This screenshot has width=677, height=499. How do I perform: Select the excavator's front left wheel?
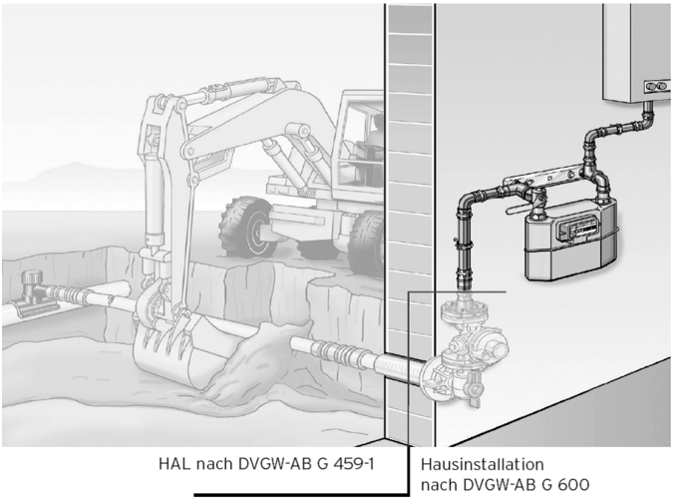pos(246,228)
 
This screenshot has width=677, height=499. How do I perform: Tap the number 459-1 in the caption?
pos(353,464)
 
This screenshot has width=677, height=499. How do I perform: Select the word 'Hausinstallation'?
pos(483,464)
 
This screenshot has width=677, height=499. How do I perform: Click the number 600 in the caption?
pos(573,485)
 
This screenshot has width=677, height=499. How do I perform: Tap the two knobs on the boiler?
pos(656,87)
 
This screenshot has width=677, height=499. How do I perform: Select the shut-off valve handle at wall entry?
pos(475,391)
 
